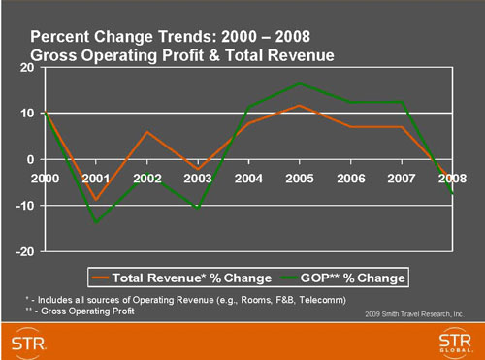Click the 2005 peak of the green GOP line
pyautogui.click(x=300, y=83)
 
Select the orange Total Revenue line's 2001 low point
pyautogui.click(x=95, y=199)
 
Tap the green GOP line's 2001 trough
pyautogui.click(x=95, y=222)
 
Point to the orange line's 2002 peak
pyautogui.click(x=146, y=132)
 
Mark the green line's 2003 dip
pyautogui.click(x=198, y=208)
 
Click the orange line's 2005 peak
pyautogui.click(x=300, y=105)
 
